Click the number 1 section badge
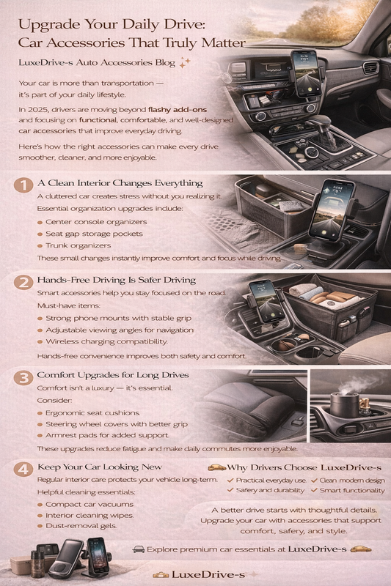(x=23, y=184)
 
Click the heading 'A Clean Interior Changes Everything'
(x=120, y=183)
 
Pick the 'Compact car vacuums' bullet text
(x=89, y=505)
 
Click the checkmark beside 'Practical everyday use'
(x=230, y=481)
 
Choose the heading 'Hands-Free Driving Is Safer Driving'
(x=117, y=280)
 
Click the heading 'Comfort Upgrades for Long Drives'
(x=114, y=375)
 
